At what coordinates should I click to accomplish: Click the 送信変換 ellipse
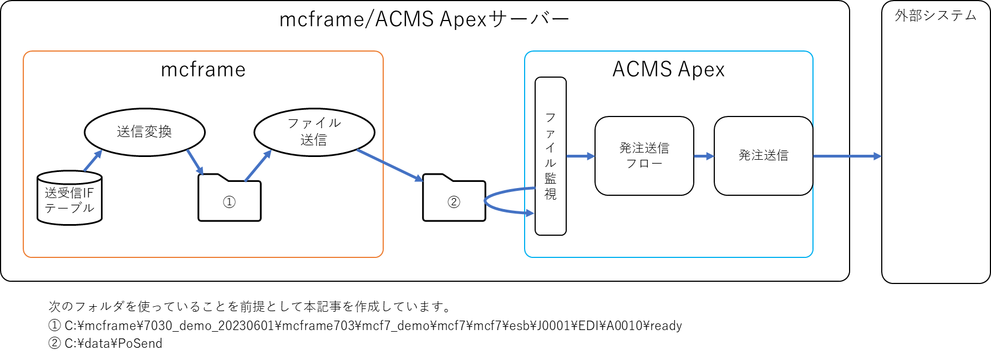pyautogui.click(x=145, y=132)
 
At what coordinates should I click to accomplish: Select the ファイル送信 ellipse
pyautogui.click(x=314, y=132)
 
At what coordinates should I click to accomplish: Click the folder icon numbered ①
pyautogui.click(x=229, y=201)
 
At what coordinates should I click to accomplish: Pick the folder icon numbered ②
pyautogui.click(x=454, y=201)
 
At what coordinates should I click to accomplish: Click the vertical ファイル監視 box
pyautogui.click(x=550, y=156)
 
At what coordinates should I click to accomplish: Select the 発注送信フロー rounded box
pyautogui.click(x=644, y=156)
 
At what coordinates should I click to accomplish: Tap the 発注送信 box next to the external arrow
pyautogui.click(x=763, y=156)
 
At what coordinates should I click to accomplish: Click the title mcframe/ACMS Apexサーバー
pyautogui.click(x=424, y=20)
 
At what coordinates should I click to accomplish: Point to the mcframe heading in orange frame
pyautogui.click(x=203, y=70)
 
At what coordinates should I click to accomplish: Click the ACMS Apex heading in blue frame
pyautogui.click(x=668, y=70)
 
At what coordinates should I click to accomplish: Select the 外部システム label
pyautogui.click(x=936, y=16)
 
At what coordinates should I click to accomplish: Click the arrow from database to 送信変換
pyautogui.click(x=93, y=161)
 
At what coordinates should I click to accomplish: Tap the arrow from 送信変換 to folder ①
pyautogui.click(x=195, y=162)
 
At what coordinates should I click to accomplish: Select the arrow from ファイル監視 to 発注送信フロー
pyautogui.click(x=580, y=156)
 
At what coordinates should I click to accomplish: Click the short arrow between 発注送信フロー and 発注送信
pyautogui.click(x=703, y=156)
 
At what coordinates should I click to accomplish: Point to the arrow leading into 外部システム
pyautogui.click(x=847, y=156)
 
